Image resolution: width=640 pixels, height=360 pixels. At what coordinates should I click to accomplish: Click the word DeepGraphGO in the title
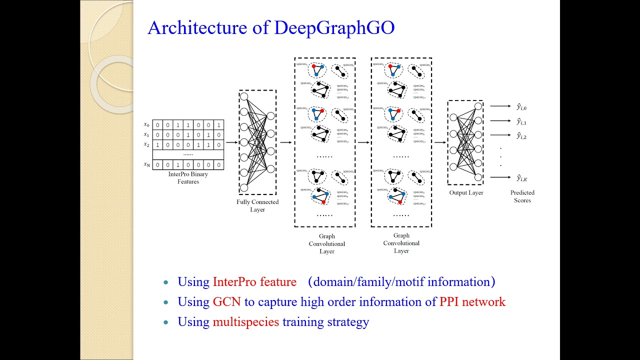click(334, 28)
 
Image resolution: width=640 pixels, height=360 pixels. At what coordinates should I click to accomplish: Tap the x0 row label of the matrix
click(146, 124)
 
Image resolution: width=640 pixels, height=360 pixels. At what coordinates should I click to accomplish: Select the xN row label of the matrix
click(146, 164)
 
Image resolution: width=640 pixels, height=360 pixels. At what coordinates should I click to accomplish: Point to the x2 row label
click(146, 144)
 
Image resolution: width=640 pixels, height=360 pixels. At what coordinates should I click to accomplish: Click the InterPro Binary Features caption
click(188, 178)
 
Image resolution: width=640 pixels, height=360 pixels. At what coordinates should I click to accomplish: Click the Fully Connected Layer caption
click(257, 205)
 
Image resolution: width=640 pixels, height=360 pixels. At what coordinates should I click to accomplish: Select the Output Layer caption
click(466, 192)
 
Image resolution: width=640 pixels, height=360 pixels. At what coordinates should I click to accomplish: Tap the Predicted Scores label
click(522, 196)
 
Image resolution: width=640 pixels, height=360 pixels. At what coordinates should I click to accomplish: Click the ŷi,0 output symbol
click(521, 107)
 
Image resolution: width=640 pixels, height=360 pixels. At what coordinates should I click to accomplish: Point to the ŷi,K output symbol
click(521, 178)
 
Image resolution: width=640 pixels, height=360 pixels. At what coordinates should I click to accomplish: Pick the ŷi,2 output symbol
click(521, 135)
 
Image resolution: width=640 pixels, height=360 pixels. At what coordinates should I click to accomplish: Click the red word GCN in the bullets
click(226, 302)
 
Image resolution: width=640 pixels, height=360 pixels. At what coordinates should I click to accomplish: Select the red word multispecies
click(245, 322)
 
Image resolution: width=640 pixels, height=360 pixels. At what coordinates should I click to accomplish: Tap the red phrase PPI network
click(472, 302)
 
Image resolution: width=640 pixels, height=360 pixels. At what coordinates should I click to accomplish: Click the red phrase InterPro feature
click(254, 282)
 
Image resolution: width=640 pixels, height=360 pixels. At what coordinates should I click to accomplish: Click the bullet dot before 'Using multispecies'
click(166, 322)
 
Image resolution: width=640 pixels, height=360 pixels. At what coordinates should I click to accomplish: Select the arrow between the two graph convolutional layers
click(363, 142)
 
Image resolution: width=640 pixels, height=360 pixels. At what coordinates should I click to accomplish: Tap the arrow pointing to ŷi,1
click(500, 120)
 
